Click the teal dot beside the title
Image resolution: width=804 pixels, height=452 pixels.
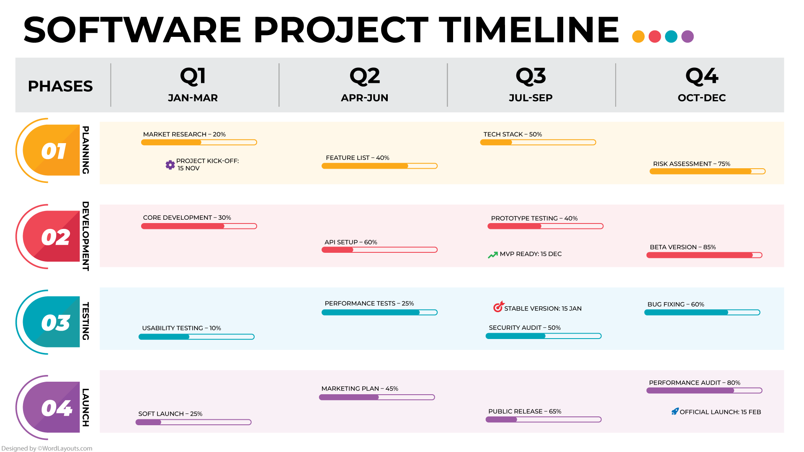[671, 36]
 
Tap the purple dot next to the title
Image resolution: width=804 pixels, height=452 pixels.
[687, 36]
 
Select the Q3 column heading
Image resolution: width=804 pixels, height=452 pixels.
[531, 76]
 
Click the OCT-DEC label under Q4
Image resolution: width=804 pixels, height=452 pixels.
[701, 98]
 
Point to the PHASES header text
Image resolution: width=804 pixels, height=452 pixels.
[60, 86]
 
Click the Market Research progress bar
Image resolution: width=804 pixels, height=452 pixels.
[199, 142]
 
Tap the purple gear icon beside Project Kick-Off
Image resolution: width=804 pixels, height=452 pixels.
[170, 165]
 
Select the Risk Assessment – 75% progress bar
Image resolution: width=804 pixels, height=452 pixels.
[707, 171]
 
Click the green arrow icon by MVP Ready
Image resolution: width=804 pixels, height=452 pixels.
[492, 255]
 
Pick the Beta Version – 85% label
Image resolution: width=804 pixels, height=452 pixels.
[683, 247]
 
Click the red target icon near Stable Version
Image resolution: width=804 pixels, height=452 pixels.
[498, 307]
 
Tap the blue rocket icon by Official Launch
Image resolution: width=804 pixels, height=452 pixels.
[675, 411]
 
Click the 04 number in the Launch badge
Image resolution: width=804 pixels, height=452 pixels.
[56, 408]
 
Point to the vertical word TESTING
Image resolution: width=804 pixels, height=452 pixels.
[85, 321]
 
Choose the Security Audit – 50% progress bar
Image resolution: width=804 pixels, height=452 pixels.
[543, 336]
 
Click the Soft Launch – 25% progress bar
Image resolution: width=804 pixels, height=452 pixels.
[193, 422]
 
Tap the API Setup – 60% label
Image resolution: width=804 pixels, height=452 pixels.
[350, 242]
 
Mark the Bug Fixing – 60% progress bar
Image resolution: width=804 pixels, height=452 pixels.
[702, 312]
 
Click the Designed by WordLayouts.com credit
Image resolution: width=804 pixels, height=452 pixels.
[47, 448]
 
